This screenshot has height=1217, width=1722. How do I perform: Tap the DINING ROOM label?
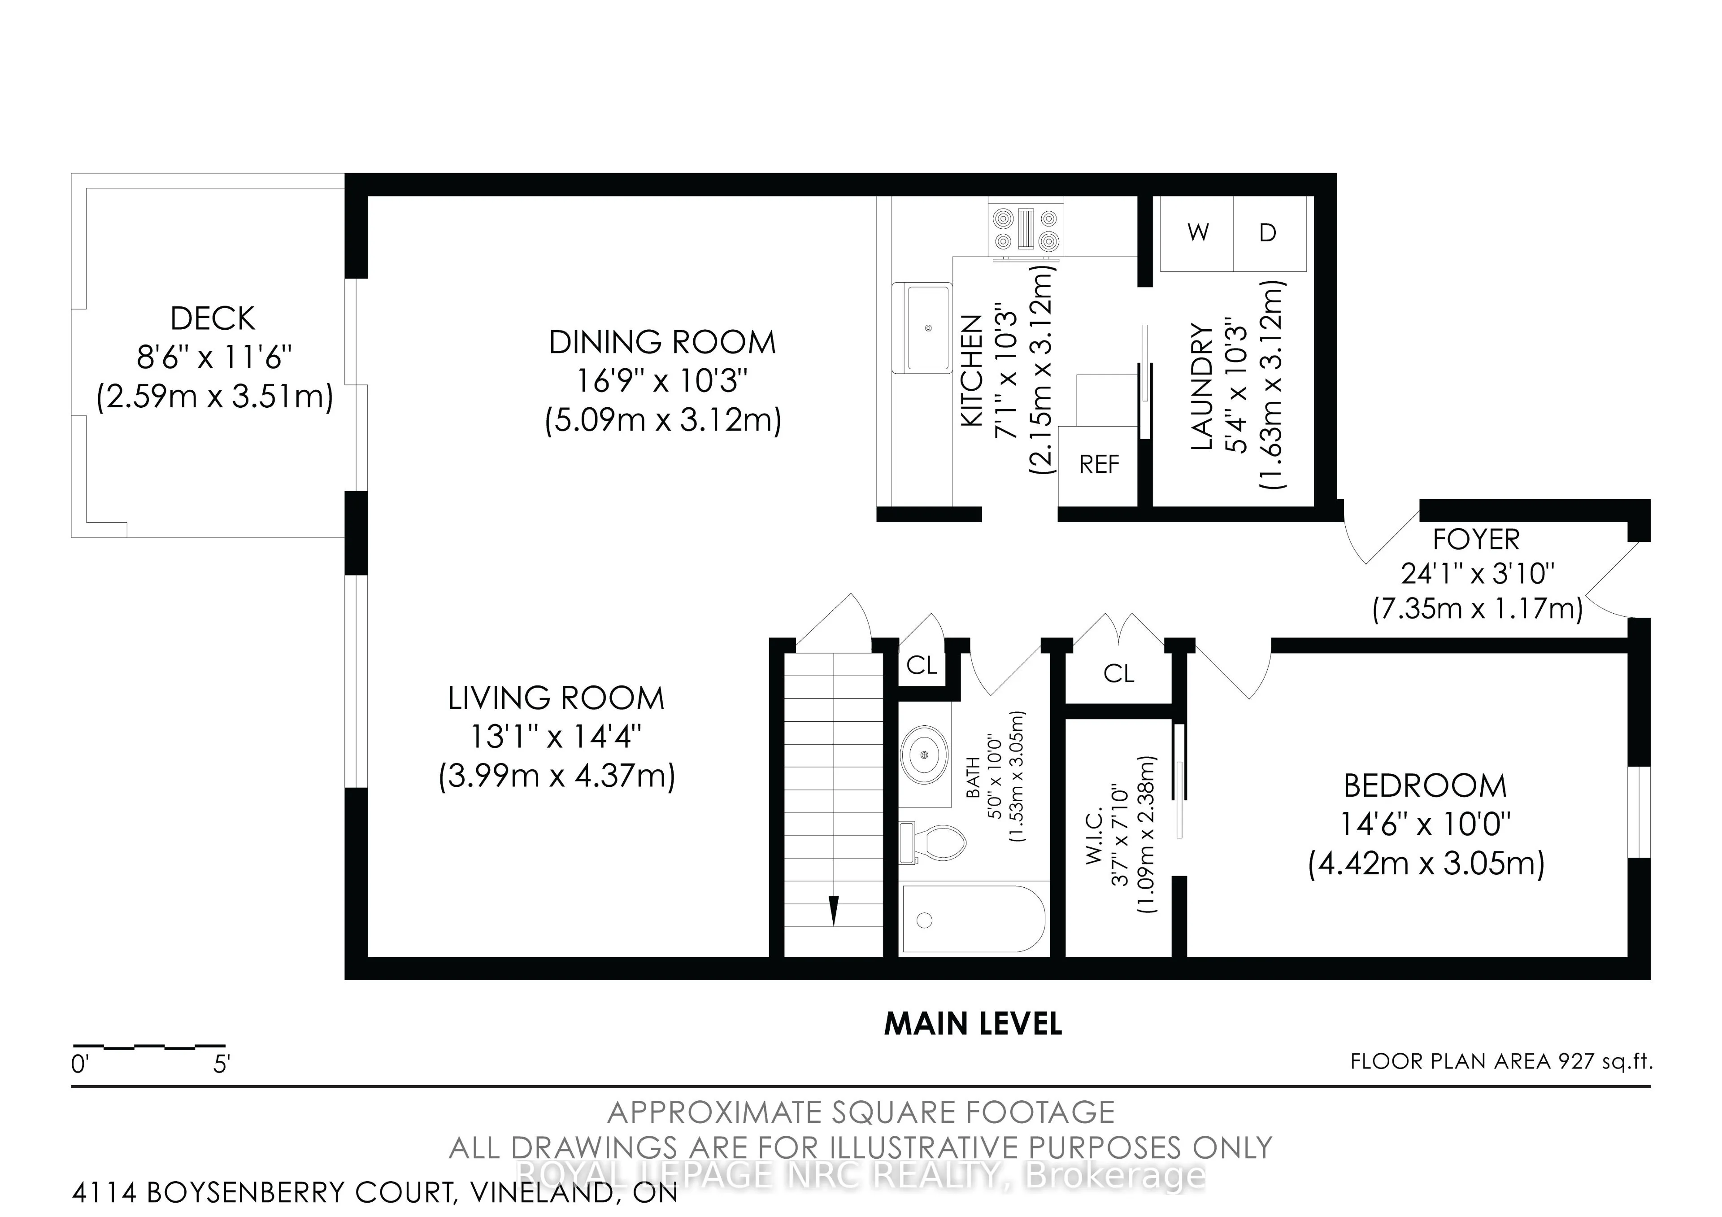point(662,343)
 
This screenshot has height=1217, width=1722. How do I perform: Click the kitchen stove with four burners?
point(1025,229)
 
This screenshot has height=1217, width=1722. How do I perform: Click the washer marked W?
point(1198,233)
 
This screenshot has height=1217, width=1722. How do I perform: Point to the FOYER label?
point(1476,540)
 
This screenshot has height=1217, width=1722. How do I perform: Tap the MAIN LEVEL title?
point(973,1024)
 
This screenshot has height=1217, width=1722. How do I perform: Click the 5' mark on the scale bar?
point(221,1064)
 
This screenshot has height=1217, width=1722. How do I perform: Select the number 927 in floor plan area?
point(1575,1061)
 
